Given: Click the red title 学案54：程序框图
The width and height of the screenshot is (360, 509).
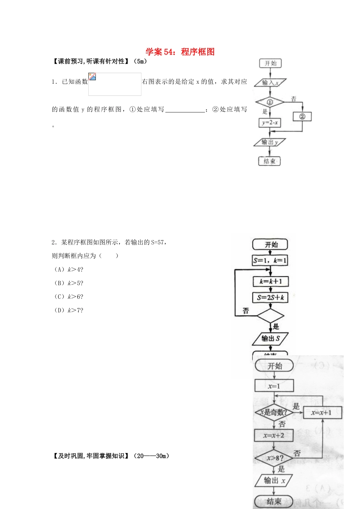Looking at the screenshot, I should [x=180, y=52].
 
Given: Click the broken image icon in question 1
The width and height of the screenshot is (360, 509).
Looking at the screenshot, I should [x=92, y=77].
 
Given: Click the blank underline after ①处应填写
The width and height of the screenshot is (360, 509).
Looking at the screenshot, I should [x=185, y=110].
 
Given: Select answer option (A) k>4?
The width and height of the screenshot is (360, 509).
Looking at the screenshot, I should [x=69, y=270].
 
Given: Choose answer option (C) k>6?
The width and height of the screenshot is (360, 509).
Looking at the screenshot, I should [x=69, y=297].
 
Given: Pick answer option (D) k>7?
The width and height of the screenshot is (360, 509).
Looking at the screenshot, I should [x=69, y=311].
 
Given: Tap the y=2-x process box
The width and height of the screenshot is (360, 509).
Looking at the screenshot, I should [x=270, y=123].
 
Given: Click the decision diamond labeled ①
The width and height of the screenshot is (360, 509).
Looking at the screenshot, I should [x=270, y=102].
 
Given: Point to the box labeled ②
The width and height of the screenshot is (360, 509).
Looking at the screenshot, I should [x=302, y=117].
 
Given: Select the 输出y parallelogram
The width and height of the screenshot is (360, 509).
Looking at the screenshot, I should [x=270, y=142].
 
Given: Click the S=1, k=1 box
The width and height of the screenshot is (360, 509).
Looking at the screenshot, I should [x=270, y=261].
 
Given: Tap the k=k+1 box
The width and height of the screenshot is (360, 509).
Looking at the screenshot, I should [x=271, y=281].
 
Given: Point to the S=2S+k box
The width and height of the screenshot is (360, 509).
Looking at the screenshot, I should [x=271, y=298].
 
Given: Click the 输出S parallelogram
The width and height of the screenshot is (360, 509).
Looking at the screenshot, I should [x=271, y=339].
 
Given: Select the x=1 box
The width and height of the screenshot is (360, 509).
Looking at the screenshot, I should [x=274, y=386].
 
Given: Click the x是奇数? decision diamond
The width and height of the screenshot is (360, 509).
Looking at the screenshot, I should [x=274, y=412].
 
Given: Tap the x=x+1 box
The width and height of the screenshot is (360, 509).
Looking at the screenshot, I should [x=322, y=412].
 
